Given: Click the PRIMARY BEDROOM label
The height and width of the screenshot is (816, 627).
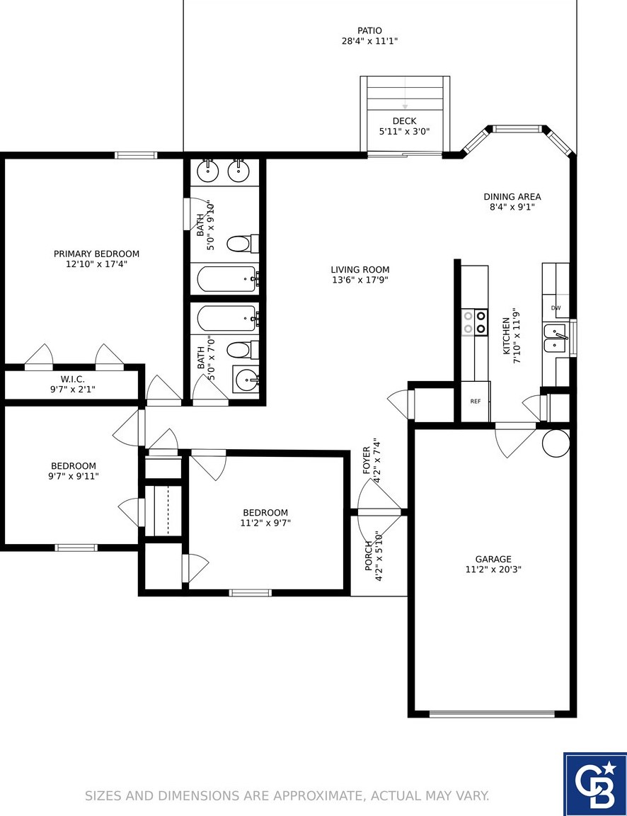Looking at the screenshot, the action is coord(97,254).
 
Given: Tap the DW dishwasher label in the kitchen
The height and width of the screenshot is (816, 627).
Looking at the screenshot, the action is coord(556,307).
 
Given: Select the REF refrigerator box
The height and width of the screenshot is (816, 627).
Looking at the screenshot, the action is coord(476,401).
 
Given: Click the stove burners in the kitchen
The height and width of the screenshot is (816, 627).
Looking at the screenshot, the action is coord(475,322).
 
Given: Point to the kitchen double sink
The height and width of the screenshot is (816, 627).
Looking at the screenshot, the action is coord(556,339).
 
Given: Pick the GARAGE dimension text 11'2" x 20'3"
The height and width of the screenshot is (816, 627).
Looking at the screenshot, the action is coord(493,569).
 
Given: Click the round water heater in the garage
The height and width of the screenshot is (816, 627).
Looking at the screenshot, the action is coord(556,443).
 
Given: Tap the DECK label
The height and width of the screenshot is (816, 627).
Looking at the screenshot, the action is coord(405,121).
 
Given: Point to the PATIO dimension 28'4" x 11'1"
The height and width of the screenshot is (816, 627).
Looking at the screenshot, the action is coord(369,41).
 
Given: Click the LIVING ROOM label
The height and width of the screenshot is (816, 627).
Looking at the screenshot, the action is coord(360,270).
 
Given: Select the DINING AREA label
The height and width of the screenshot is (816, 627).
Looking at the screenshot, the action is coord(512,197).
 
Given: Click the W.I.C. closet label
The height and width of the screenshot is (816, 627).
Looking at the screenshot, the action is coord(73,380).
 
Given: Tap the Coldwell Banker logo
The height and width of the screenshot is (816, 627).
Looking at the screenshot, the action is coord(595,784).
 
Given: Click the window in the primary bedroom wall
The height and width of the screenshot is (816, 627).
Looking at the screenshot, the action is coord(136,155).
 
